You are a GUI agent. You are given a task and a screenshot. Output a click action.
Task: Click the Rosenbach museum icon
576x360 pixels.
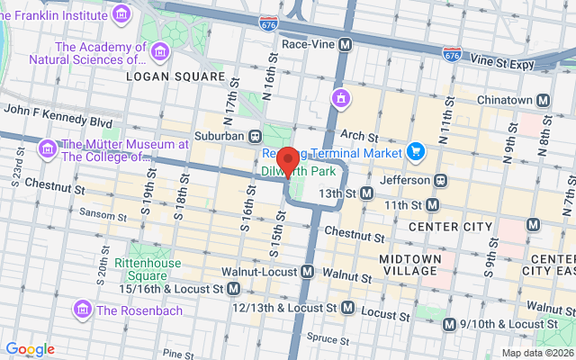point(83,310)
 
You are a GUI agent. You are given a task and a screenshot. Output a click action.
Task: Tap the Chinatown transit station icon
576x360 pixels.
point(543,101)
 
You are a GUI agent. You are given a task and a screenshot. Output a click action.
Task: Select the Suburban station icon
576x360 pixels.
point(256,136)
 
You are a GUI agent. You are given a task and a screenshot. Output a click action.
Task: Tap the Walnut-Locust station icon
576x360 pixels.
point(308,271)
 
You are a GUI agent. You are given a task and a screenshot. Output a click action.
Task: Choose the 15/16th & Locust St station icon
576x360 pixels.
point(234,288)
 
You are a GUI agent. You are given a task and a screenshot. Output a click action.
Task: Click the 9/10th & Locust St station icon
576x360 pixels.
point(450,324)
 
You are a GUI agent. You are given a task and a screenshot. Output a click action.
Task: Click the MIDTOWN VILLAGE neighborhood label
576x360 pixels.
point(410,265)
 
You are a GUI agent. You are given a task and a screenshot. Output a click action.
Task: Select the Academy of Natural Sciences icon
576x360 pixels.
point(161,51)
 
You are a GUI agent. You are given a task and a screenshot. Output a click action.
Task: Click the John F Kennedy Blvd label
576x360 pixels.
point(58,121)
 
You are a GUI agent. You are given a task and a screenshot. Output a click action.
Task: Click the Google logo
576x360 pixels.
point(30,349)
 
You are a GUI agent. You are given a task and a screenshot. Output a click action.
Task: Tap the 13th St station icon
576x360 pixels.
point(366,193)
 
